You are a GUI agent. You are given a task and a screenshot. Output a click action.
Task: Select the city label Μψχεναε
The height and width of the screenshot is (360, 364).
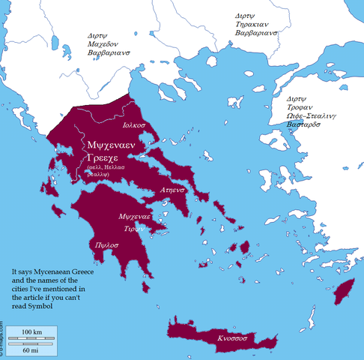tap(136, 215)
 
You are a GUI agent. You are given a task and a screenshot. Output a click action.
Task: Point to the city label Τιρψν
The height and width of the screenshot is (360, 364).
tap(133, 228)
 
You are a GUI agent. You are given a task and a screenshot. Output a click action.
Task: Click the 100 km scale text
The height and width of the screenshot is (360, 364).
tap(31, 331)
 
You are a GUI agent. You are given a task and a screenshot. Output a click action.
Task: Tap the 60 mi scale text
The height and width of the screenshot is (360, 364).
tap(31, 350)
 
